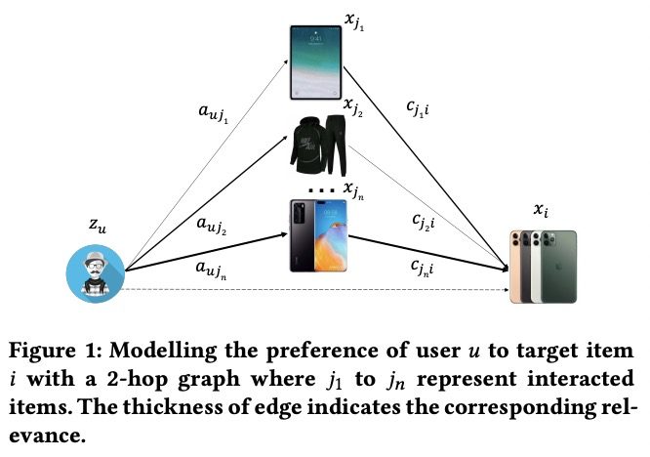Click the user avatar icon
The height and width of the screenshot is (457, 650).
(x=96, y=272)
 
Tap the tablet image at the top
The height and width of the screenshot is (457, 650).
(x=318, y=60)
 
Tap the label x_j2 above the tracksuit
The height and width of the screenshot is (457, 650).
(x=356, y=104)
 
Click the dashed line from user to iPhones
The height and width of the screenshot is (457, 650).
(x=312, y=290)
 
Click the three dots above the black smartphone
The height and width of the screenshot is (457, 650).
(x=318, y=188)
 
